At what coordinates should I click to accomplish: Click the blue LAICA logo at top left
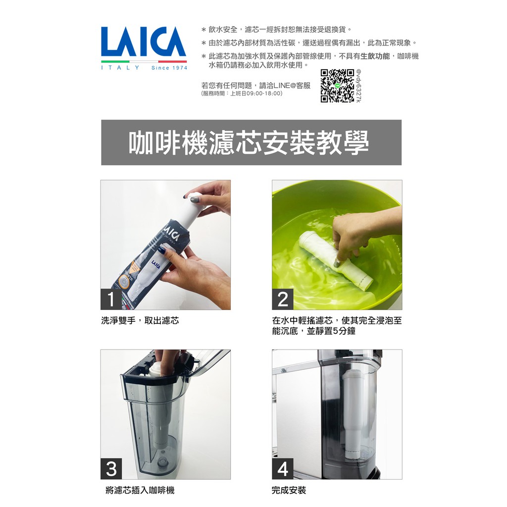[144, 42]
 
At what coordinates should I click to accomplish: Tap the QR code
[337, 86]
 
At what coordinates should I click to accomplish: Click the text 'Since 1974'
[169, 68]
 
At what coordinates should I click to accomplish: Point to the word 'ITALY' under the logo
[120, 68]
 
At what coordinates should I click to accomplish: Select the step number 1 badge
[111, 300]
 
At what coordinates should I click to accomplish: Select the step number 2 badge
[283, 300]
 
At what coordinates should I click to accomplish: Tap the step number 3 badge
[111, 469]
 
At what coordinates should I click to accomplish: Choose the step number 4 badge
[283, 469]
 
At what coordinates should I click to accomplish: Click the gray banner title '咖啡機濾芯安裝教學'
[249, 143]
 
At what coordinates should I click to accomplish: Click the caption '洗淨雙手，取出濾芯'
[140, 320]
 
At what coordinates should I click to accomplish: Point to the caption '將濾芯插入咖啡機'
[140, 490]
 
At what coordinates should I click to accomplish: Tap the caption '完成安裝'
[289, 490]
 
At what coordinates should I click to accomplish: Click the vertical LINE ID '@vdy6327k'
[358, 86]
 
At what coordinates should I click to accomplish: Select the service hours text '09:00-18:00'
[264, 94]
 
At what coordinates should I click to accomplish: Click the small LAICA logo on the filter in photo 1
[155, 265]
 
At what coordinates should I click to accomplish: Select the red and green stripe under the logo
[144, 61]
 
